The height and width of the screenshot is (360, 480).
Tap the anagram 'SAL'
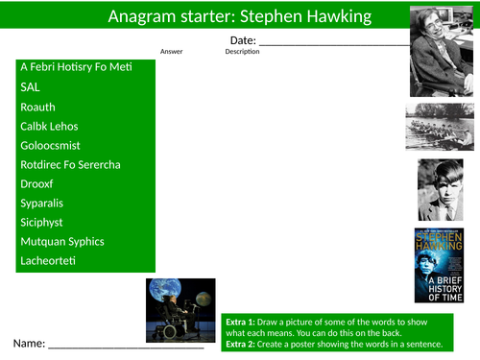tap(30, 86)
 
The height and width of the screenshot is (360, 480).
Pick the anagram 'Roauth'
tap(37, 107)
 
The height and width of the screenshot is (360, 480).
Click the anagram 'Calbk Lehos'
tap(49, 126)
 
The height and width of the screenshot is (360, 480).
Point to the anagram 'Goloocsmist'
tap(53, 145)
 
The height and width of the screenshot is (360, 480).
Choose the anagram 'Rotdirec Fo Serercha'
tap(70, 164)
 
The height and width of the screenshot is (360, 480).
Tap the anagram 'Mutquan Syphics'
tap(61, 241)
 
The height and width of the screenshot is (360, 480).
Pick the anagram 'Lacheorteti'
tap(47, 260)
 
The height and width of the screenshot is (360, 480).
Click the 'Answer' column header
tap(172, 52)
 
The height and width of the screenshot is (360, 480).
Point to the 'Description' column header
tap(242, 52)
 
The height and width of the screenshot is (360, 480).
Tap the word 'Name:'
tap(28, 343)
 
